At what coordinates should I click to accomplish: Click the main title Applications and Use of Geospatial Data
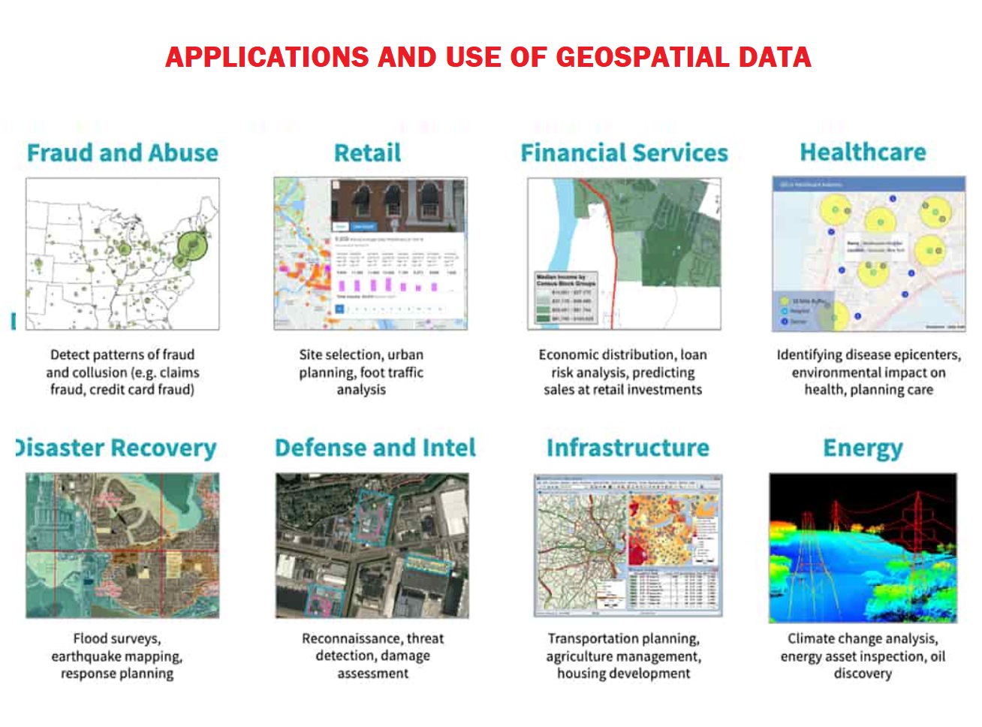click(488, 58)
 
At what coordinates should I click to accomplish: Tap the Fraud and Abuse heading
click(122, 153)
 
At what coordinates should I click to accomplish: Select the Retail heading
click(367, 153)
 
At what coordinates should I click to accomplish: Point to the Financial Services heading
click(624, 153)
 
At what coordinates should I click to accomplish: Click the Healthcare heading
click(863, 152)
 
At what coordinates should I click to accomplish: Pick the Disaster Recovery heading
click(116, 448)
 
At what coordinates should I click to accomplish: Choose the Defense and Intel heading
click(375, 448)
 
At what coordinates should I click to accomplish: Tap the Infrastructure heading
click(628, 448)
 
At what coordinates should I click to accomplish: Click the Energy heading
click(863, 448)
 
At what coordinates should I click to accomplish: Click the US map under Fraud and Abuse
click(122, 254)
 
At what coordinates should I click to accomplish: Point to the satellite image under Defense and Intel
click(372, 545)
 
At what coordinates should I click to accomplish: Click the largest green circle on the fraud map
click(192, 245)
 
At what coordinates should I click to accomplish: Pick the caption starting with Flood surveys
click(117, 656)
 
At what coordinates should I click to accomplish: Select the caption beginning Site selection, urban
click(361, 372)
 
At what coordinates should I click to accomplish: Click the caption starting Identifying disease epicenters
click(869, 372)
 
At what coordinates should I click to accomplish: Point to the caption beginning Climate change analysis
click(863, 656)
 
